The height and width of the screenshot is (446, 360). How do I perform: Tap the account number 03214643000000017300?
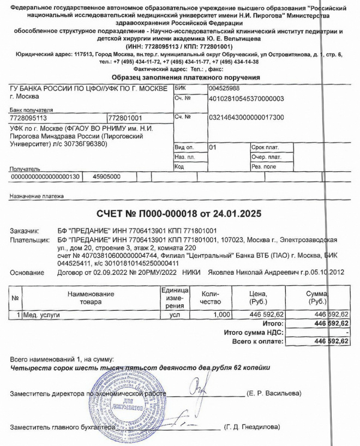tap(246, 117)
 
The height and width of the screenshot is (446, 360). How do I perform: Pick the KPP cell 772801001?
tap(125, 117)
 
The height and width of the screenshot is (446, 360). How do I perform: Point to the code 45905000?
tap(106, 177)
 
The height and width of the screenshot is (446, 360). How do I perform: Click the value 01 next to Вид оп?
tap(213, 147)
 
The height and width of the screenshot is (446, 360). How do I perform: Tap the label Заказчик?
tap(25, 231)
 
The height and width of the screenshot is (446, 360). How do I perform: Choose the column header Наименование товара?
tap(91, 298)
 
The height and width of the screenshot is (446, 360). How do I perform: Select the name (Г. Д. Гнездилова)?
tap(251, 427)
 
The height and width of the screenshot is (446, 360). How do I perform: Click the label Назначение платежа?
tap(37, 196)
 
